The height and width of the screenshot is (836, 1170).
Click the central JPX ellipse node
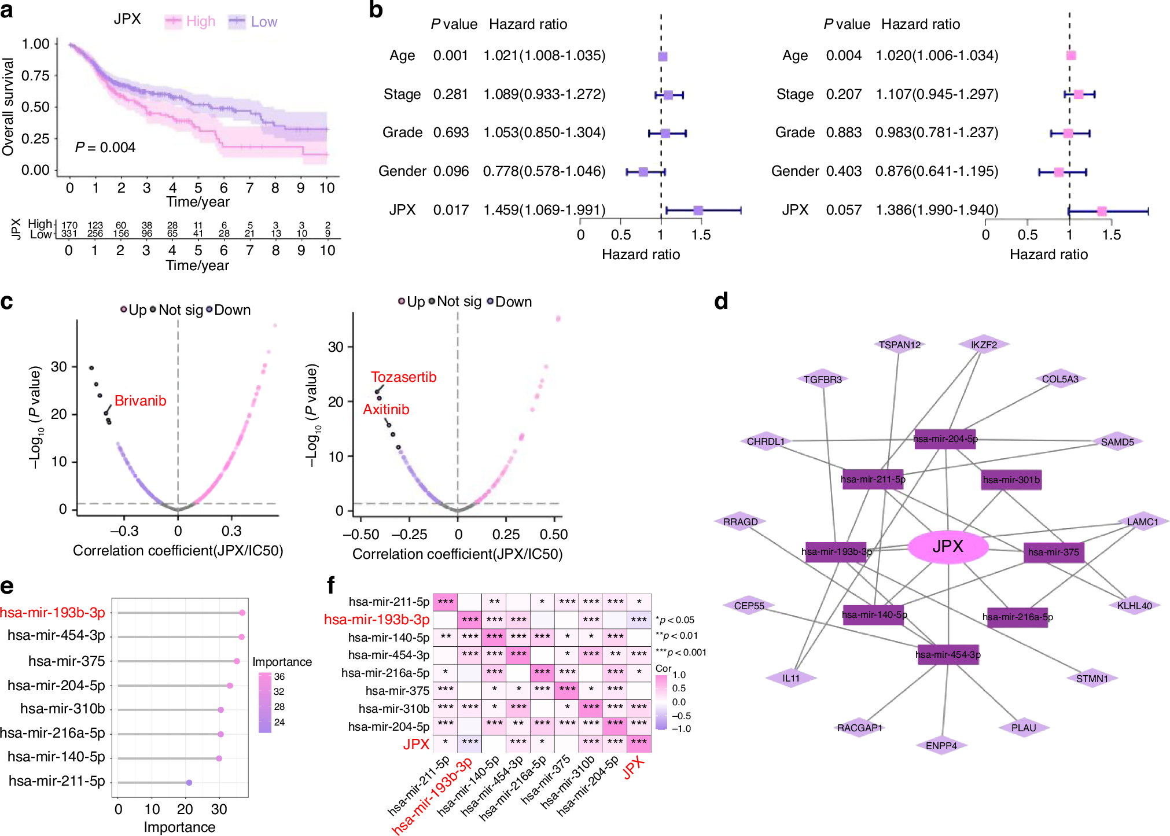point(948,546)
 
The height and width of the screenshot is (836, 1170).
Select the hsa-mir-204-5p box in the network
point(945,439)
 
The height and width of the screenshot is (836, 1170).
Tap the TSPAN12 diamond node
point(899,345)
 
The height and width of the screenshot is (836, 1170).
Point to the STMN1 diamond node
point(1092,679)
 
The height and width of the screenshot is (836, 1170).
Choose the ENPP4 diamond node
point(941,746)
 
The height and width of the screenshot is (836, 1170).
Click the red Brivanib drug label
point(140,401)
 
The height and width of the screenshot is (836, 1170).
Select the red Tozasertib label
point(403,377)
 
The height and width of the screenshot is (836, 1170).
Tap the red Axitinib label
point(386,410)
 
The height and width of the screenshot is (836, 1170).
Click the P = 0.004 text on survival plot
point(105,148)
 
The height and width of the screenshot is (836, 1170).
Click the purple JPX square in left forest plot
point(698,211)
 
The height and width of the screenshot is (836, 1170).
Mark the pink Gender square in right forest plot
point(1058,172)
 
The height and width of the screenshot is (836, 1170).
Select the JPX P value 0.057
point(844,210)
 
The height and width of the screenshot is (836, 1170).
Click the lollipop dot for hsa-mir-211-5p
point(189,782)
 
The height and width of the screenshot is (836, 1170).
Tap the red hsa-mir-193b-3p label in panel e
point(53,613)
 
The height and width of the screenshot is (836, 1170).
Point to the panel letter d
point(721,301)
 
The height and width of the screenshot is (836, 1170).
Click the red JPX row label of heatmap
point(416,745)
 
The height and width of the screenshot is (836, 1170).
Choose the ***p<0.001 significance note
point(681,653)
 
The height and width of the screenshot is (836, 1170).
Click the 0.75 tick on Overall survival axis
point(35,76)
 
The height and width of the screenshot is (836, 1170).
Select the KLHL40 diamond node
point(1134,606)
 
